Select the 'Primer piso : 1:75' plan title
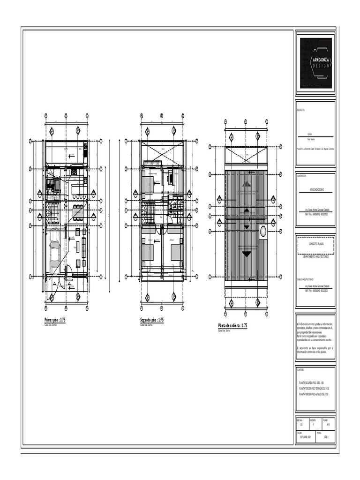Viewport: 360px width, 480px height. [55, 320]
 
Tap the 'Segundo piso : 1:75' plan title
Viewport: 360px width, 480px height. [151, 320]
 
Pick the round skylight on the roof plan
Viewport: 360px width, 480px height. [263, 231]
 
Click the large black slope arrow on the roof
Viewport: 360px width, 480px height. [246, 254]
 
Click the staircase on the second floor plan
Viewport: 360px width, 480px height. [149, 214]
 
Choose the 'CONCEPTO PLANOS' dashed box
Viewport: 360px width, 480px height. [315, 245]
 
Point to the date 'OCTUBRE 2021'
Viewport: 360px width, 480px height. [306, 436]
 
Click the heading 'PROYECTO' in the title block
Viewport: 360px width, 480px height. [301, 111]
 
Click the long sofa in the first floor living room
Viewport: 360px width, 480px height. [84, 247]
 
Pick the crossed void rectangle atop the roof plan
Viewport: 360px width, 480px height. [246, 154]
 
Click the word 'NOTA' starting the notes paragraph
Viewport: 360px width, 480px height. [299, 324]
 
